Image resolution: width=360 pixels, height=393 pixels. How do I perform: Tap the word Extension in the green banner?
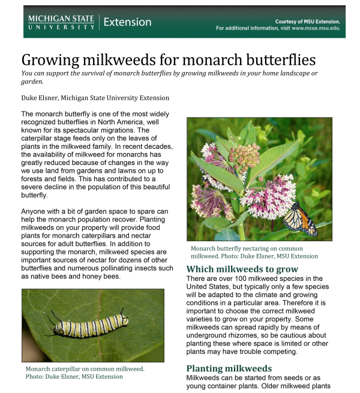pos(127,22)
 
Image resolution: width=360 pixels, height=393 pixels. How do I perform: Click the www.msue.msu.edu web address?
pos(316,28)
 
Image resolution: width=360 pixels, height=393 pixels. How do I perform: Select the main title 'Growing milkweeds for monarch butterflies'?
pos(169,60)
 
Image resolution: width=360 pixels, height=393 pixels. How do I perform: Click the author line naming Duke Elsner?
pos(95,98)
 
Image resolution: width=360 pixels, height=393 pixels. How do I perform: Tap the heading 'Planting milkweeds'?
pos(229,368)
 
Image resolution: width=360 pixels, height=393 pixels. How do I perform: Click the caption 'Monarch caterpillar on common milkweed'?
pos(85,369)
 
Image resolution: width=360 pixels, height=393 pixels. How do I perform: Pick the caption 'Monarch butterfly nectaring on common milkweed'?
pos(247,248)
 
